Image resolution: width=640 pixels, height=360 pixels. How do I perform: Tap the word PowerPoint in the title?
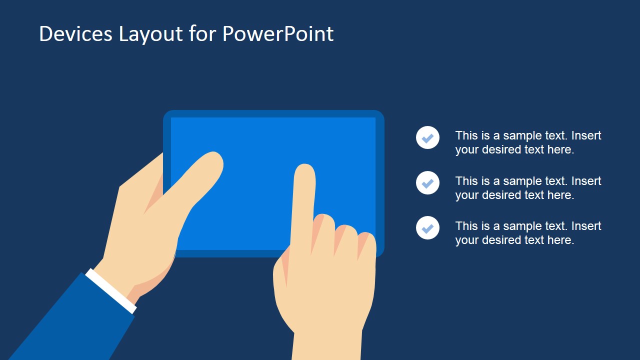click(277, 34)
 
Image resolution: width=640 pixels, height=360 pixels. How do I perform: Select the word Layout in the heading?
click(150, 34)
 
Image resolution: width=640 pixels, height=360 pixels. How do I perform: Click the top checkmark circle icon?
click(427, 137)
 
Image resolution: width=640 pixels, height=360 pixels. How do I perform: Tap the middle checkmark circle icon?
click(427, 183)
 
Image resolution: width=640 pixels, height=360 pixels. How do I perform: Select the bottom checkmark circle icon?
click(427, 228)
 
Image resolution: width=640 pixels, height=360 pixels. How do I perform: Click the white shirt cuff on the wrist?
click(111, 291)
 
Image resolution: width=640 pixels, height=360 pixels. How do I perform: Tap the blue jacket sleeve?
click(70, 320)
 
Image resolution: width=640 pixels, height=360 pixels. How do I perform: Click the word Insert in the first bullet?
click(586, 136)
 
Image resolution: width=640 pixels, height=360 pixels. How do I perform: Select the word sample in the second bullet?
click(522, 181)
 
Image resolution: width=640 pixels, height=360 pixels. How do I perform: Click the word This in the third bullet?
click(466, 226)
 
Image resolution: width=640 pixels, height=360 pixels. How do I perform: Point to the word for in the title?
click(203, 34)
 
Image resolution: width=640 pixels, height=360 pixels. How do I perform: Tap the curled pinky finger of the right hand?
click(366, 245)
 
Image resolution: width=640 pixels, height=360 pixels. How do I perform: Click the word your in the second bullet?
click(467, 195)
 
